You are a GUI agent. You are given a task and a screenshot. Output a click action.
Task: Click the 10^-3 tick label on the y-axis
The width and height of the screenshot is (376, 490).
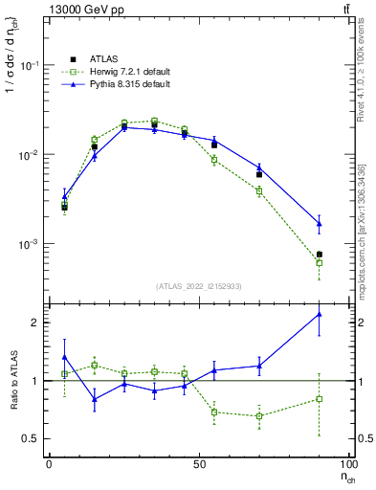click(28, 244)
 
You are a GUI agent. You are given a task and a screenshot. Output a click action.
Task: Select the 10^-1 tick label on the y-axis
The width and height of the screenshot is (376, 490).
click(28, 65)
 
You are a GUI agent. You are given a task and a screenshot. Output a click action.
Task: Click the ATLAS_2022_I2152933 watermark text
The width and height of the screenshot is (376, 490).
click(199, 286)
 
